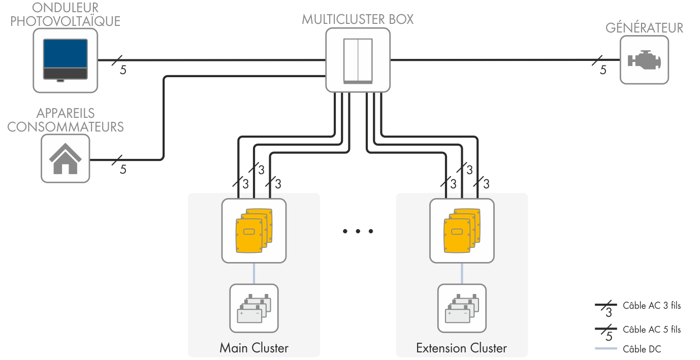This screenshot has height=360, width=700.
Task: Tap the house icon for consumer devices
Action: click(x=65, y=158)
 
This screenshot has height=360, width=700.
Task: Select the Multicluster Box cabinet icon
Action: click(x=358, y=60)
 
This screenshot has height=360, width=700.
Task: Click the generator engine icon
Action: click(x=644, y=60)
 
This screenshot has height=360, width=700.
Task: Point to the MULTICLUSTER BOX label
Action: click(x=358, y=19)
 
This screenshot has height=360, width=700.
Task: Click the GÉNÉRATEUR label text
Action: click(x=644, y=27)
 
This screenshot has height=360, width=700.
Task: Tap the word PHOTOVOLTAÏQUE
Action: click(x=66, y=21)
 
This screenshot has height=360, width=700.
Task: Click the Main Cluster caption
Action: click(x=254, y=348)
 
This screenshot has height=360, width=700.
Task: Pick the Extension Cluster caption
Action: click(x=461, y=348)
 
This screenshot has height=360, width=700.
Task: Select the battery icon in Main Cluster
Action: click(x=254, y=308)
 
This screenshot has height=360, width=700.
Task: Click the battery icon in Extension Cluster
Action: click(x=462, y=308)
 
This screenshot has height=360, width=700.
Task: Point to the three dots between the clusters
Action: click(x=358, y=232)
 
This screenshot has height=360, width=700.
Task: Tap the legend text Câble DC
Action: click(x=642, y=349)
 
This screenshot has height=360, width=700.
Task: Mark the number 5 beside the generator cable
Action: click(x=603, y=70)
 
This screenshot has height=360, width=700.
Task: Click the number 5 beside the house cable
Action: click(x=123, y=170)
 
